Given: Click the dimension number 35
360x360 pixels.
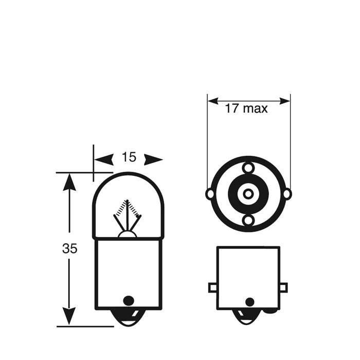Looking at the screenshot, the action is coord(69,248).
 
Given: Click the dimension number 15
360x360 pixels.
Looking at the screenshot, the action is coord(129,157).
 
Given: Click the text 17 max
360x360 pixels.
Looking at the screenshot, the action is coord(246,108).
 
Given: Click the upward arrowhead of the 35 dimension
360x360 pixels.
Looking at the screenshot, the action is coord(69,182).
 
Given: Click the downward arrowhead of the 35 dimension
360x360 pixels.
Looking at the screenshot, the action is coord(69,316).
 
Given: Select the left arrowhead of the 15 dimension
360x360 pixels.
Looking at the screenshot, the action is coord(104,159).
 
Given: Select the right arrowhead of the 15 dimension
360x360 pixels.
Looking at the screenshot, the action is coord(153,159).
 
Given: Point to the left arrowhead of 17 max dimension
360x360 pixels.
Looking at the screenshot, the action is coord(213,101).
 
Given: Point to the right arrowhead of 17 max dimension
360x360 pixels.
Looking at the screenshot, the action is coord(285,101).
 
